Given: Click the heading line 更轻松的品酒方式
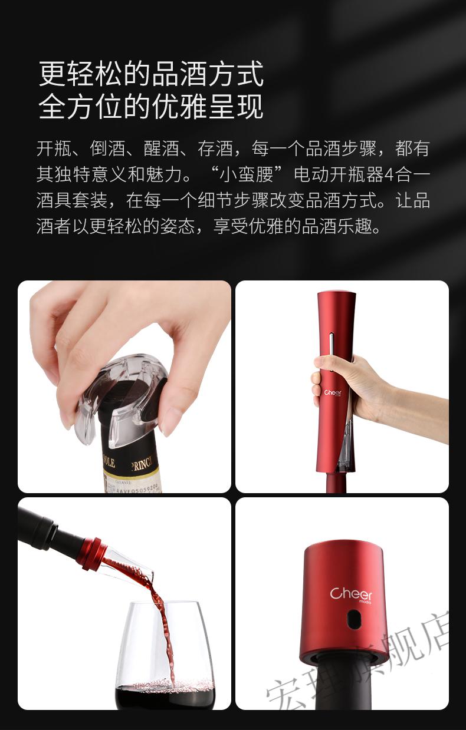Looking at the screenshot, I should (x=150, y=74).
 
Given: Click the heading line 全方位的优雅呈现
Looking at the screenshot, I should (x=150, y=107).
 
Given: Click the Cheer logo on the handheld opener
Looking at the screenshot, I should (x=333, y=392).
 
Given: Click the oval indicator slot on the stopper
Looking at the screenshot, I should (x=353, y=619).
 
